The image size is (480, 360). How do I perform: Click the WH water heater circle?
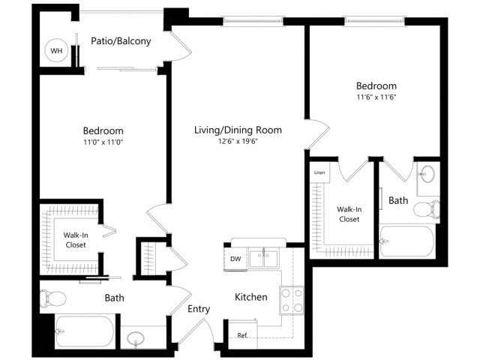coord(56,51)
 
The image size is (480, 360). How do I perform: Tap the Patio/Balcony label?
coord(121,41)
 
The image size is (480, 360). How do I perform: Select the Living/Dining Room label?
coord(238,130)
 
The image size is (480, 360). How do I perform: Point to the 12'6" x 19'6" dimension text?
coord(238,141)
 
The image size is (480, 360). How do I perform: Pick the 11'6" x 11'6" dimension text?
coord(376,97)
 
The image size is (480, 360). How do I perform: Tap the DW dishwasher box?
coord(235,259)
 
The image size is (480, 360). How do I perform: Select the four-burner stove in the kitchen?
coord(292,299)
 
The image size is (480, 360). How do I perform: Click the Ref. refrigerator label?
coord(242,334)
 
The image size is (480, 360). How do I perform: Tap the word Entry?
coord(199,308)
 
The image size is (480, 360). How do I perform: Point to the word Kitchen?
coord(250,297)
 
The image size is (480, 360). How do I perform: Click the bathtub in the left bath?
coord(84,331)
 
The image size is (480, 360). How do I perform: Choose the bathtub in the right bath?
coord(407,241)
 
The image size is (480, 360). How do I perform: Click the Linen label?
coord(319,172)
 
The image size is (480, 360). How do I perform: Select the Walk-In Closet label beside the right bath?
coord(348,214)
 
